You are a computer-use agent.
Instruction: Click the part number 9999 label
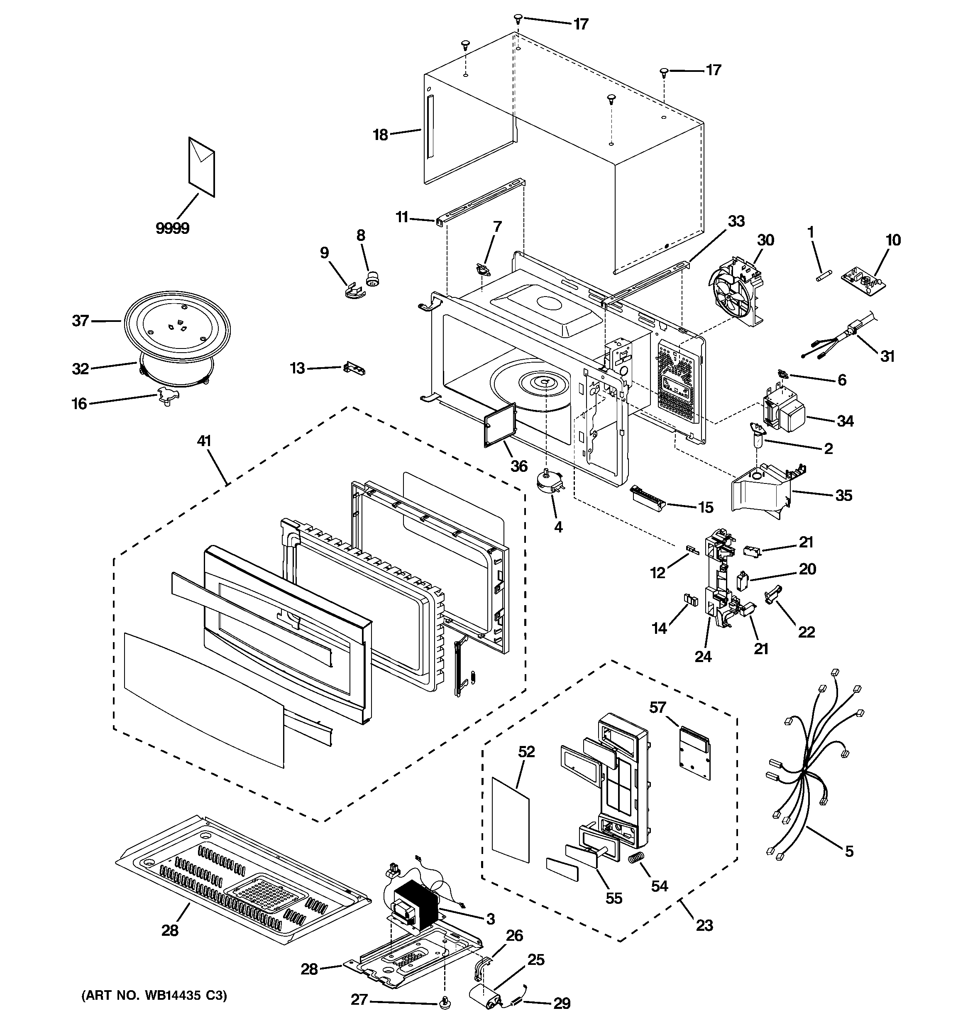(173, 228)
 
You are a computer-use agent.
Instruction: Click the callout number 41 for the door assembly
(204, 441)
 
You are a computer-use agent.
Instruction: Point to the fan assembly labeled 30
(735, 297)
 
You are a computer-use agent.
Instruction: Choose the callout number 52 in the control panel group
(527, 751)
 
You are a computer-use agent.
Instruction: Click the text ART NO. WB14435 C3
(154, 996)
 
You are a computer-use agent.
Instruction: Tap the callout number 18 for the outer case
(381, 135)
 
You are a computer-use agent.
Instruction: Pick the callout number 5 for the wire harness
(849, 851)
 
